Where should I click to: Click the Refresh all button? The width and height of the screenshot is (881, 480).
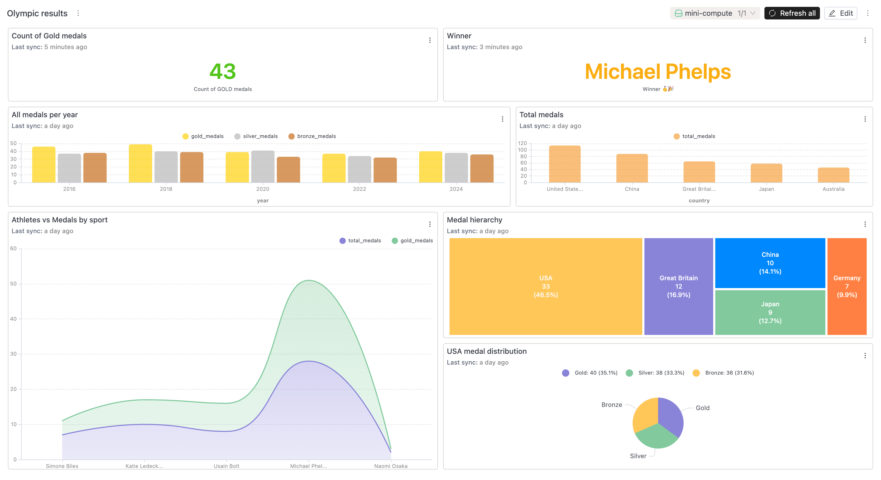point(792,13)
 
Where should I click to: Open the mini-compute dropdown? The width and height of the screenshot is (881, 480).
point(714,13)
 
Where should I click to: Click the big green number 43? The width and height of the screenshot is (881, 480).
point(223,72)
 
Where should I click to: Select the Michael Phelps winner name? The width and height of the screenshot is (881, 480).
point(657,72)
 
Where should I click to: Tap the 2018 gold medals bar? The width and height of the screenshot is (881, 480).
point(140,163)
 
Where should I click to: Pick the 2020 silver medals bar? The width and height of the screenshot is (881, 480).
point(263,166)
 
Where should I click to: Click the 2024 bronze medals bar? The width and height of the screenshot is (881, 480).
point(482,168)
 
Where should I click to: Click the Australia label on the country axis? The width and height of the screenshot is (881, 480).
point(833,189)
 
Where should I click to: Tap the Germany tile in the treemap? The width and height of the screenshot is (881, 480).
point(847,286)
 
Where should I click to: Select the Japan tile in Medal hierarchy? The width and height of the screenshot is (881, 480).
point(770,312)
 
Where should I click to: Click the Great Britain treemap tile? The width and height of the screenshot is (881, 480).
point(678,286)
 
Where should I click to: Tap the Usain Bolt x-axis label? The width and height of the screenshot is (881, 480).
point(226,466)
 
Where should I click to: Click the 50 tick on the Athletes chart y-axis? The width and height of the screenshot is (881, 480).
point(13,284)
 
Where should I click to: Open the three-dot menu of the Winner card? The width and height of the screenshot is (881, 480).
point(865,40)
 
